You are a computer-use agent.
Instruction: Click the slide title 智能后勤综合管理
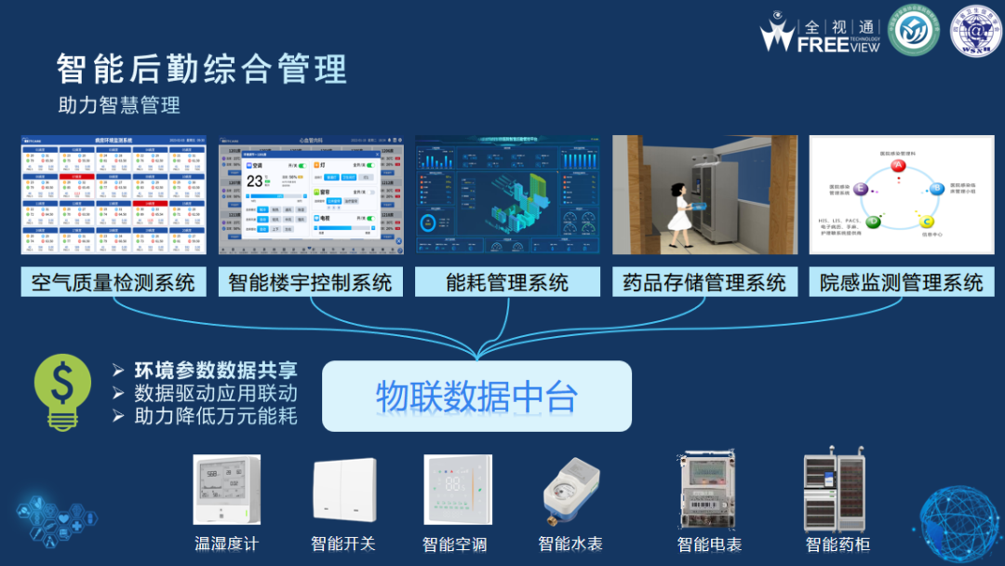[201, 70]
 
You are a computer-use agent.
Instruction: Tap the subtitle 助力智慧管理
[119, 105]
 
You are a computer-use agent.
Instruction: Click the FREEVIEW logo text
[837, 44]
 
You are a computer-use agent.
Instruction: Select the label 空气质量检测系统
[114, 282]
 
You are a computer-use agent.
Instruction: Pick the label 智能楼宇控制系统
[311, 282]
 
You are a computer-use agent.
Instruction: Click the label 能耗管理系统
[507, 282]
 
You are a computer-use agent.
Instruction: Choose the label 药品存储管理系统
[704, 282]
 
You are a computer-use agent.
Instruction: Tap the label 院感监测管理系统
[901, 282]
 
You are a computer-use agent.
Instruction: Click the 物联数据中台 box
[476, 397]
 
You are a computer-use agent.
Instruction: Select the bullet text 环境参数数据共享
[216, 370]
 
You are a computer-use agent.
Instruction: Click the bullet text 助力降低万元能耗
[216, 416]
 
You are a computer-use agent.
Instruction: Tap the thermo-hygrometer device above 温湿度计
[226, 490]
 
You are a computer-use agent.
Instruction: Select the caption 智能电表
[709, 544]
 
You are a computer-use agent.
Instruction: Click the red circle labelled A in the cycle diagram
[898, 166]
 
